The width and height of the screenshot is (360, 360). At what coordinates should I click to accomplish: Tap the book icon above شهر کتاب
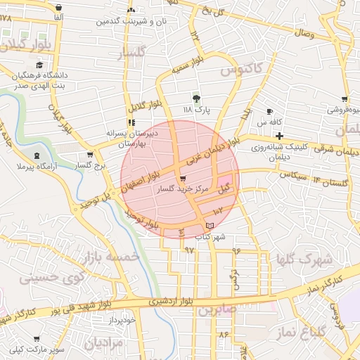(209, 225)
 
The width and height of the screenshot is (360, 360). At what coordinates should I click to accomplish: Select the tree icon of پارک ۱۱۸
(196, 98)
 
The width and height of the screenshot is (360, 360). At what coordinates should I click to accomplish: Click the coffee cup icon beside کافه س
(269, 112)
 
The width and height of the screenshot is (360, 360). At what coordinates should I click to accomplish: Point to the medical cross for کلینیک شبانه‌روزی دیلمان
(279, 135)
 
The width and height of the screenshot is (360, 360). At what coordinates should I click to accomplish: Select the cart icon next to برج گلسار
(89, 155)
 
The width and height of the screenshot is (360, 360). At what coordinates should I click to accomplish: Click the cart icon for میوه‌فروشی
(344, 99)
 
